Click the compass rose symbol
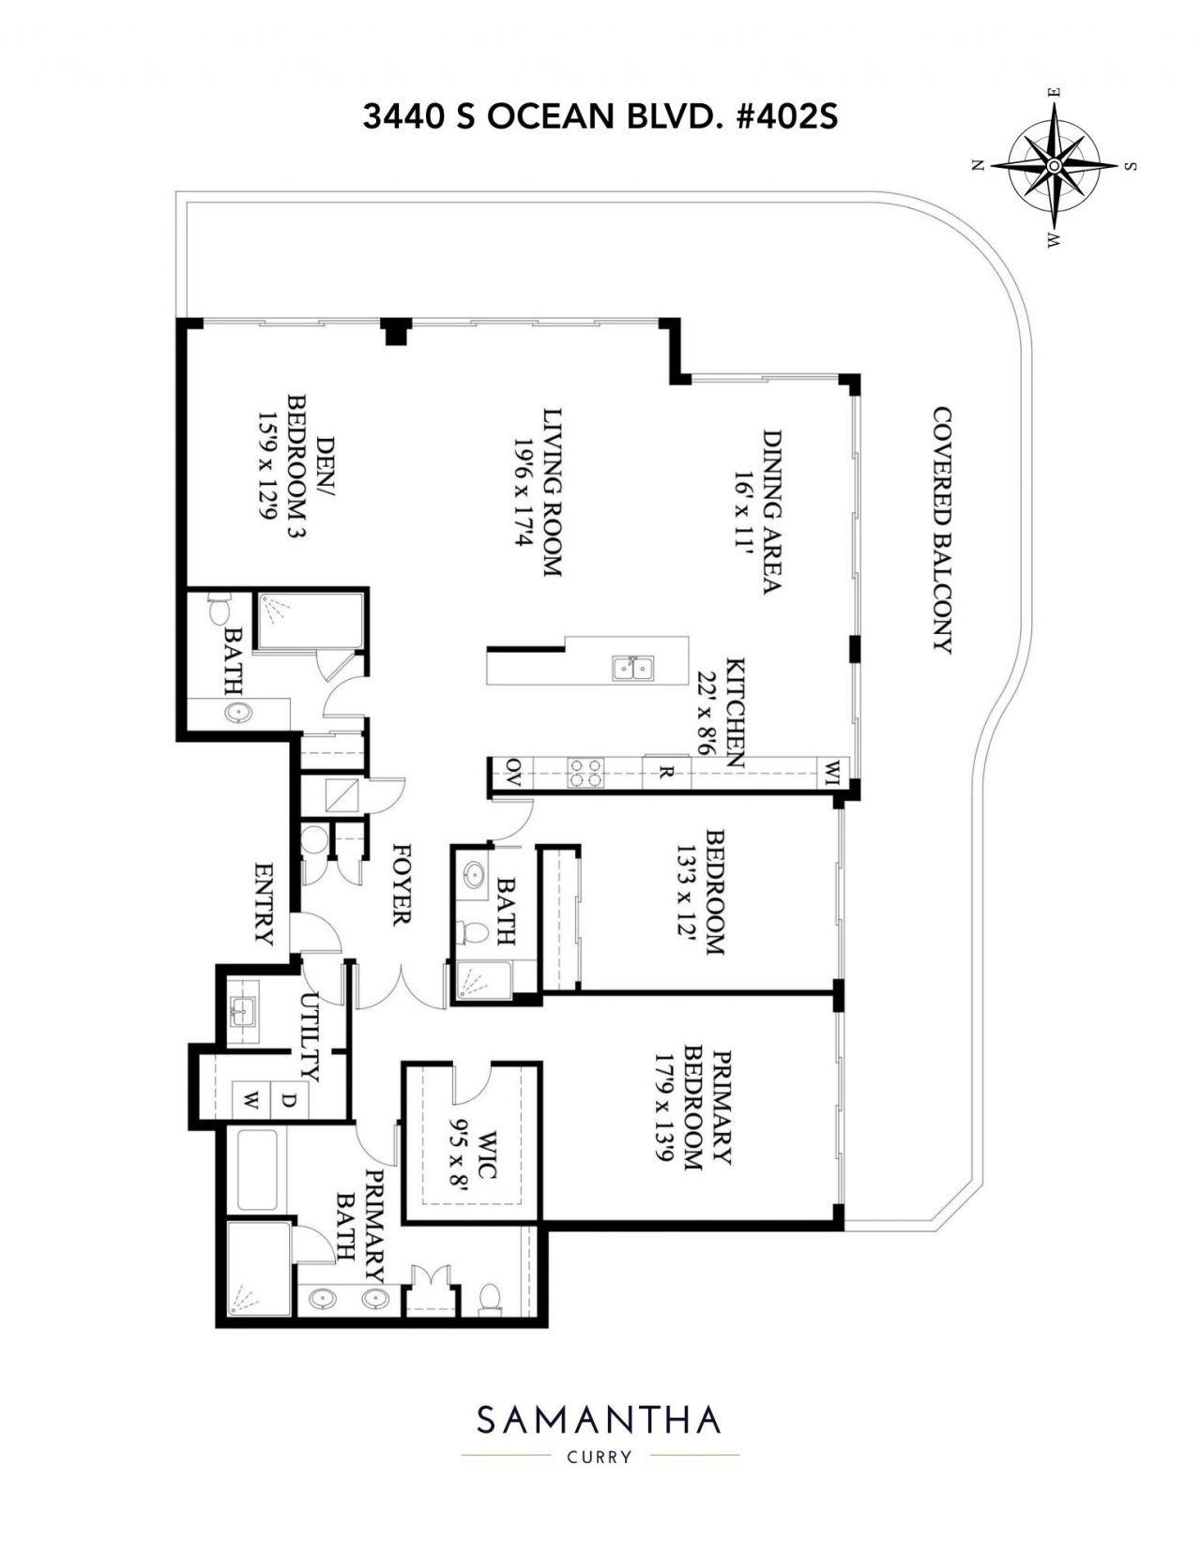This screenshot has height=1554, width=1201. pyautogui.click(x=1054, y=165)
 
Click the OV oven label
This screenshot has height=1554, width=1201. pyautogui.click(x=513, y=772)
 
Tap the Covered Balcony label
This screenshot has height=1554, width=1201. pyautogui.click(x=941, y=530)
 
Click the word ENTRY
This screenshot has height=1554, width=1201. pyautogui.click(x=264, y=904)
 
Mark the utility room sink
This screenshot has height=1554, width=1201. pyautogui.click(x=244, y=1012)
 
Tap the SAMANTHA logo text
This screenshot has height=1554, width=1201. pyautogui.click(x=599, y=1420)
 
